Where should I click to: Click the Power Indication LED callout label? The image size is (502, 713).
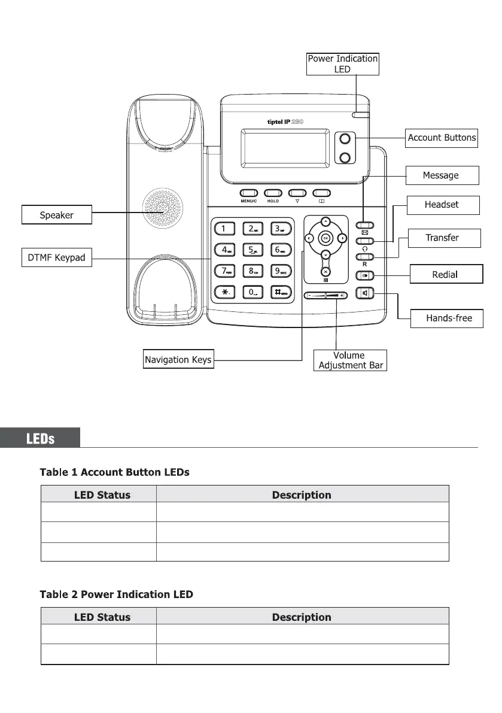(x=342, y=64)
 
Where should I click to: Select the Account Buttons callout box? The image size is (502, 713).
(x=442, y=138)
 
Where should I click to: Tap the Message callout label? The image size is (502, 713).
(x=440, y=175)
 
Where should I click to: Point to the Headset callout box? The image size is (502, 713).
(x=442, y=205)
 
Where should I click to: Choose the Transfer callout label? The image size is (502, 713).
(x=442, y=238)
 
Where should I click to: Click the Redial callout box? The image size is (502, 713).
(x=445, y=274)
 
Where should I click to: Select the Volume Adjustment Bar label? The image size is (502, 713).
(x=350, y=360)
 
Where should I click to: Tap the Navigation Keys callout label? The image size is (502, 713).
(x=178, y=360)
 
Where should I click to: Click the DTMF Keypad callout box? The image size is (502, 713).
(x=56, y=258)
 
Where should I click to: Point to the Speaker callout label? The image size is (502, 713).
(x=57, y=214)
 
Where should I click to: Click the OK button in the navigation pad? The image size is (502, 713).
(x=325, y=238)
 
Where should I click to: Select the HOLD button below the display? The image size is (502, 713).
(x=273, y=193)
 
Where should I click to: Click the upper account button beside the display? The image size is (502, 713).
(x=344, y=138)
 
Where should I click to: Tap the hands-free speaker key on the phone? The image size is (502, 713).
(x=364, y=293)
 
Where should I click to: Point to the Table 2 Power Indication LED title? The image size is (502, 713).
(x=117, y=594)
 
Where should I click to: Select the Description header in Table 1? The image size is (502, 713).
(x=302, y=495)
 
